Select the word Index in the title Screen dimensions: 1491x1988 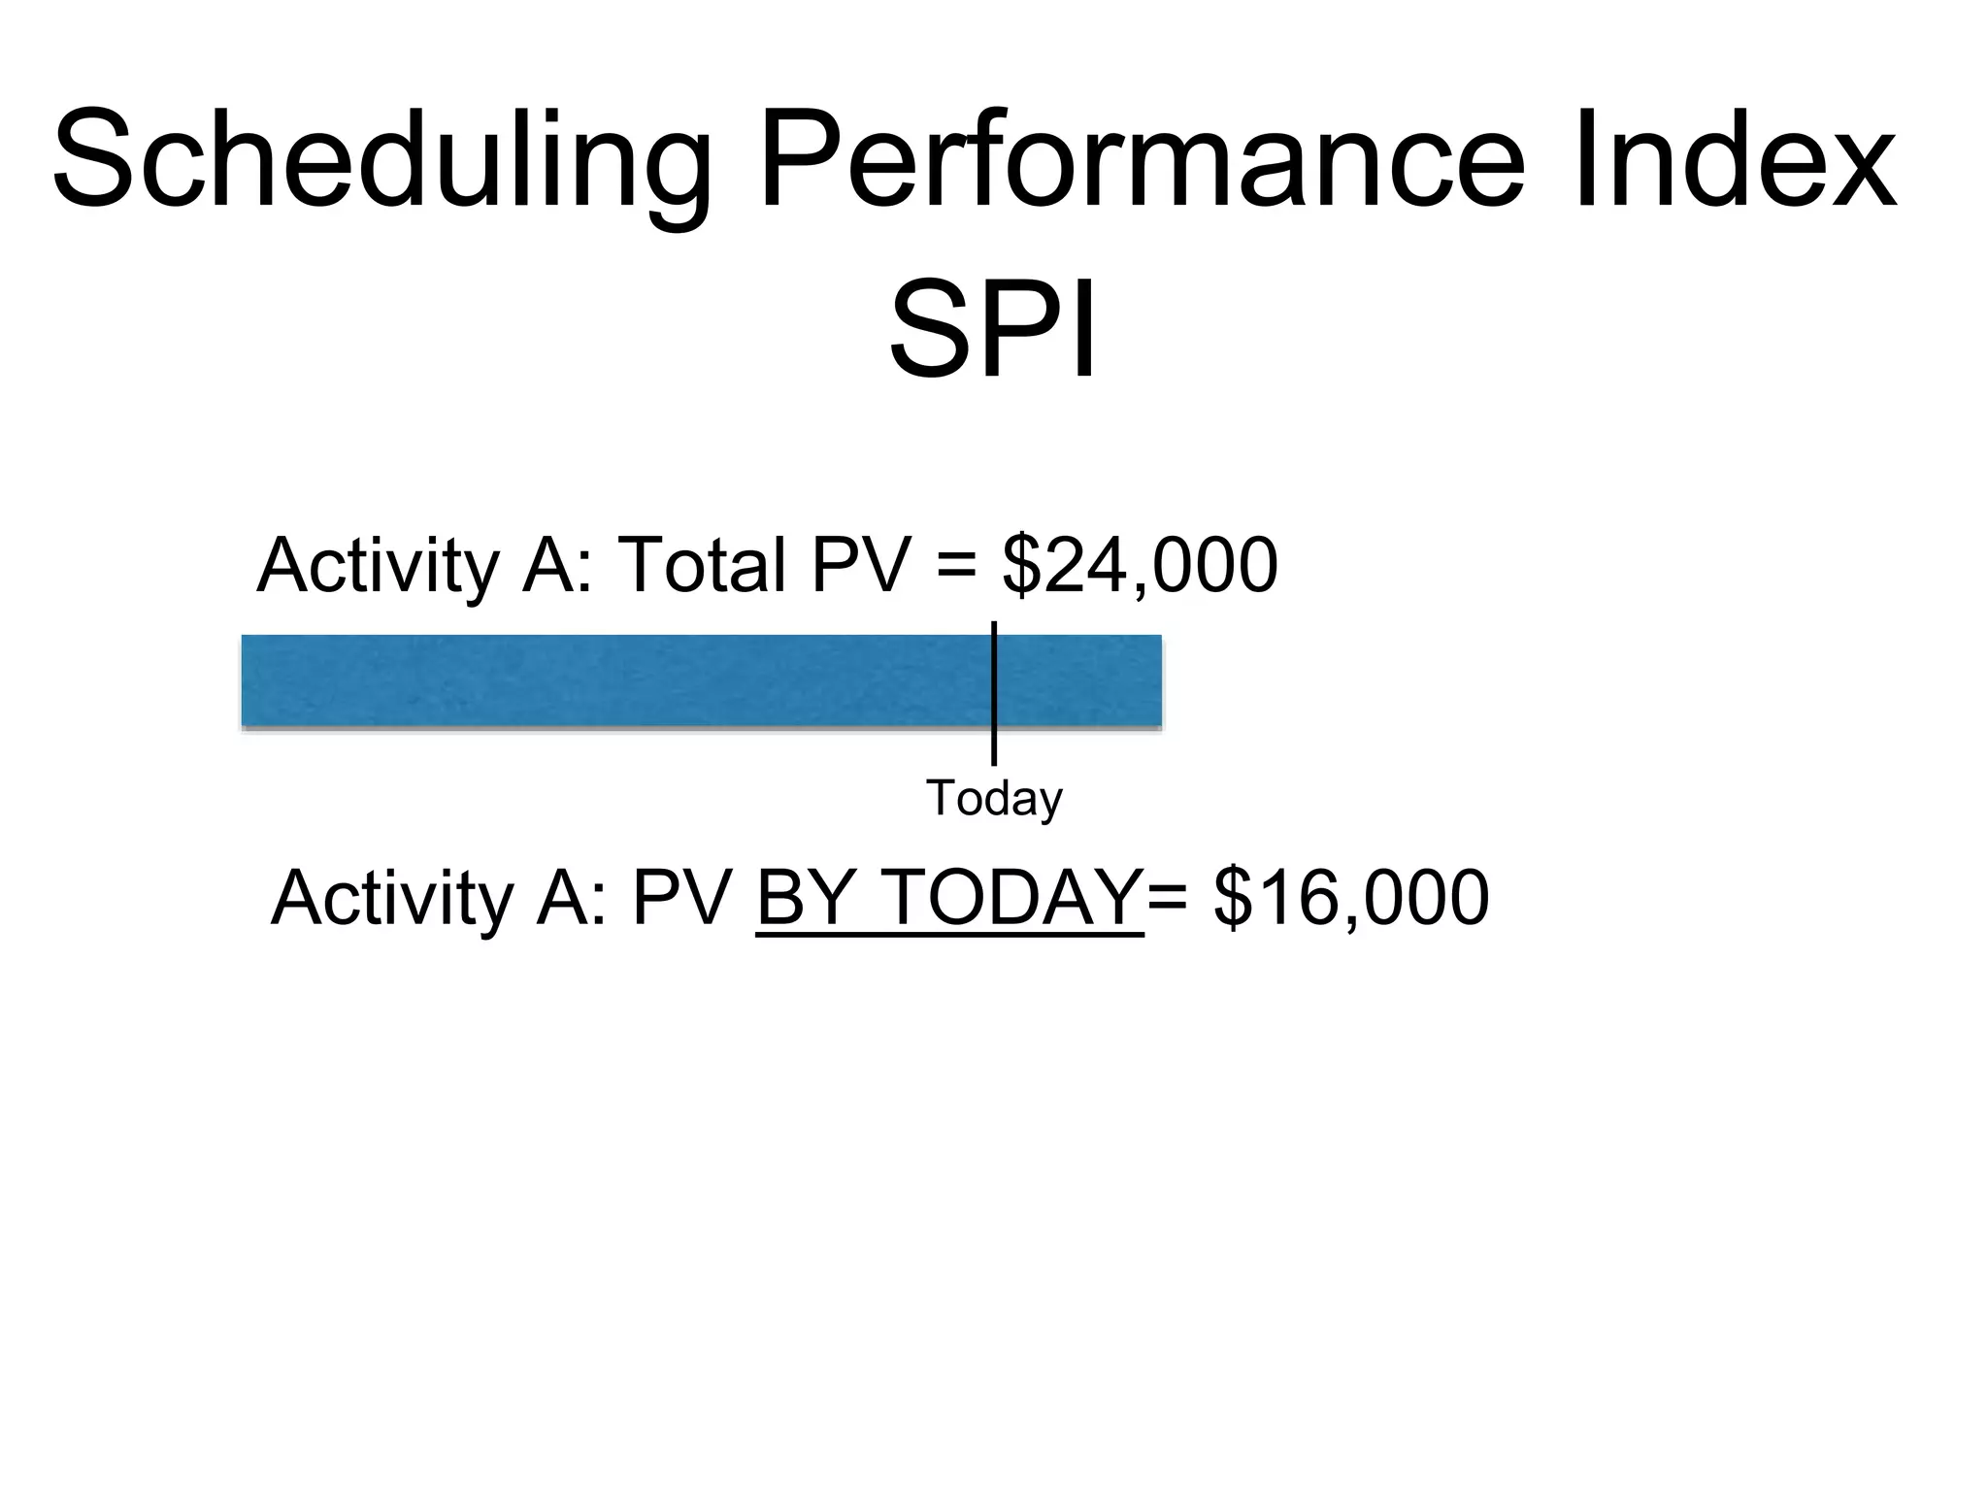(1734, 160)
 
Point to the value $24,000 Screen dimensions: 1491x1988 (1140, 565)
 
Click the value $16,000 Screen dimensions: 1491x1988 (1351, 898)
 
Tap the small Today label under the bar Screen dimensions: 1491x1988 (994, 798)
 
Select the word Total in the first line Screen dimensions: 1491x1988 (701, 565)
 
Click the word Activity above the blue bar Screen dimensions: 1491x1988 (378, 565)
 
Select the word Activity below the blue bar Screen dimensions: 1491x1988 (392, 898)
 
